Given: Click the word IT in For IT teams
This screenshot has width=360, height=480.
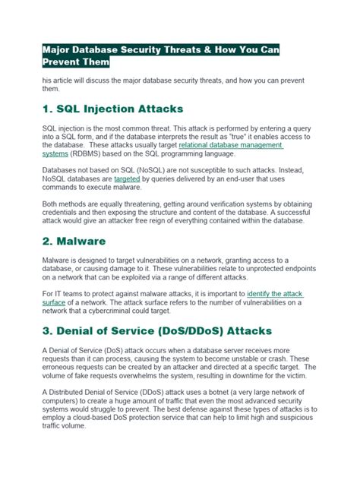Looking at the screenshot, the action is (x=61, y=293).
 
